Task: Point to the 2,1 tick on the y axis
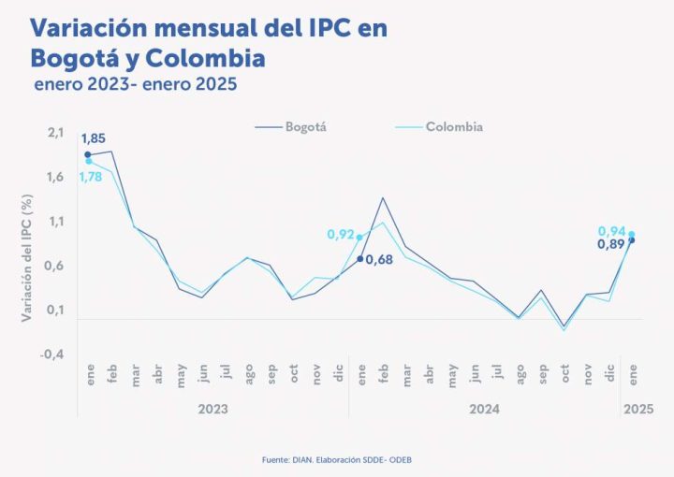[x=55, y=133]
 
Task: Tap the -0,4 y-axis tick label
[x=52, y=354]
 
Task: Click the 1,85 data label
[x=93, y=139]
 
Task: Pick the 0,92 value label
[x=341, y=235]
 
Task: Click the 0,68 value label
[x=378, y=260]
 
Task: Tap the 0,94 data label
[x=612, y=230]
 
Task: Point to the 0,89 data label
[x=612, y=244]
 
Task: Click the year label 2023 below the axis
[x=212, y=410]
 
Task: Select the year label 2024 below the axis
[x=484, y=410]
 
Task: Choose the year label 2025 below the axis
[x=638, y=410]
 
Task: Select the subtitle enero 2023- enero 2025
[x=135, y=84]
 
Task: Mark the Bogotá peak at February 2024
[x=383, y=197]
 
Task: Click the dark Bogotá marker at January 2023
[x=88, y=154]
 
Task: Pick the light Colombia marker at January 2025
[x=632, y=235]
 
